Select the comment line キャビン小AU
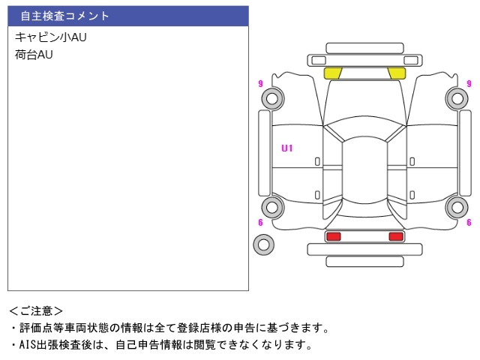pos(50,37)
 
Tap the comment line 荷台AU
pos(34,55)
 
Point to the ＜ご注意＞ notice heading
pos(36,310)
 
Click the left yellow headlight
pos(332,73)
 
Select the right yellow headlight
pos(397,73)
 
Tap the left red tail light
pos(332,237)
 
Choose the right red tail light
pos(395,237)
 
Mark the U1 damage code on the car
pos(286,148)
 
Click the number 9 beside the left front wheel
pos(260,83)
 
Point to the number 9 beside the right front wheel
pos(469,83)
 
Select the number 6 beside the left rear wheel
pos(260,222)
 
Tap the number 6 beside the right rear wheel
pos(469,222)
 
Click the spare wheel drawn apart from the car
pos(263,244)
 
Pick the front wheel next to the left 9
pos(271,98)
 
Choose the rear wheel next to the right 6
pos(456,207)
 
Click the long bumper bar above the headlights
pos(364,60)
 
